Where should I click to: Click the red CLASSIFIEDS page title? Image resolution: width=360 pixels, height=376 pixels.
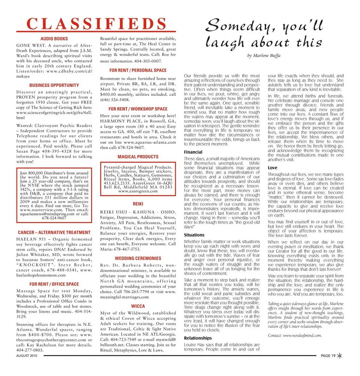(97, 24)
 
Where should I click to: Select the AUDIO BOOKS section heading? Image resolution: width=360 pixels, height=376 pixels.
(54, 39)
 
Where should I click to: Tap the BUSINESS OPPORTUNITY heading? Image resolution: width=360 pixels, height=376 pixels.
(54, 85)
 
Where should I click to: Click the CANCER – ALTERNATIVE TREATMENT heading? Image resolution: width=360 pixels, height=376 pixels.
(54, 233)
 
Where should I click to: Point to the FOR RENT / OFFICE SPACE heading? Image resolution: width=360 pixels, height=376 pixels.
(54, 284)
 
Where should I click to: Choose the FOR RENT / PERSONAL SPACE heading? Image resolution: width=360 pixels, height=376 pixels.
(138, 70)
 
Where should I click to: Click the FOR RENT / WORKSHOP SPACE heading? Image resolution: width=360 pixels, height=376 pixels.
(138, 109)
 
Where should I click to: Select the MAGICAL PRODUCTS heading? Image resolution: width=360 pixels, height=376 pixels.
(138, 157)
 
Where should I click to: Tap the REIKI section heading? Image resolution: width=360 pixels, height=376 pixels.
(138, 203)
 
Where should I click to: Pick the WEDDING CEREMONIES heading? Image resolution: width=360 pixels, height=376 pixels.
(138, 258)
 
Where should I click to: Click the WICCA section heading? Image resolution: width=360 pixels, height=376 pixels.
(138, 306)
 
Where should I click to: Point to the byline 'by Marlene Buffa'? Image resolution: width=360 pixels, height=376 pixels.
(264, 56)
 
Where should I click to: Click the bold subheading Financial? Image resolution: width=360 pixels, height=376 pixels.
(193, 152)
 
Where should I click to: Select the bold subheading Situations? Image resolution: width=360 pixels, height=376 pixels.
(194, 235)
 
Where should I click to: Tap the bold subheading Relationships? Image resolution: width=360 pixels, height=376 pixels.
(198, 338)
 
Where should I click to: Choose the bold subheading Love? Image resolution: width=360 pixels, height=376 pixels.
(273, 168)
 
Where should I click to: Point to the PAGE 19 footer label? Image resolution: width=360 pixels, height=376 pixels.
(328, 356)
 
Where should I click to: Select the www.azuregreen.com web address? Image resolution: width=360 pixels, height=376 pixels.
(138, 191)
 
